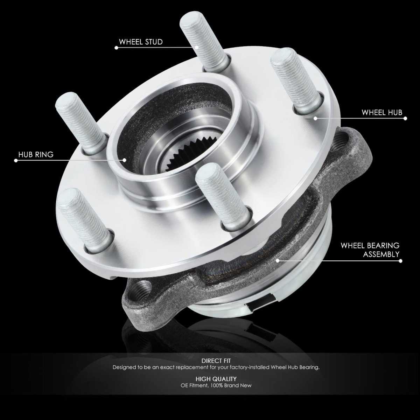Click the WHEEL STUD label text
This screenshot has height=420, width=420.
(x=141, y=42)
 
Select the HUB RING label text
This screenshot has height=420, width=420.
(x=36, y=155)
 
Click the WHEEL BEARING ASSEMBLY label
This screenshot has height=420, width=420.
(x=370, y=250)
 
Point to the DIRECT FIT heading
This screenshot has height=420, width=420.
(x=216, y=361)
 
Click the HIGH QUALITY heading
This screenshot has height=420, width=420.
(x=216, y=379)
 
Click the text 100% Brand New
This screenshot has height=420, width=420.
(x=231, y=385)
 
